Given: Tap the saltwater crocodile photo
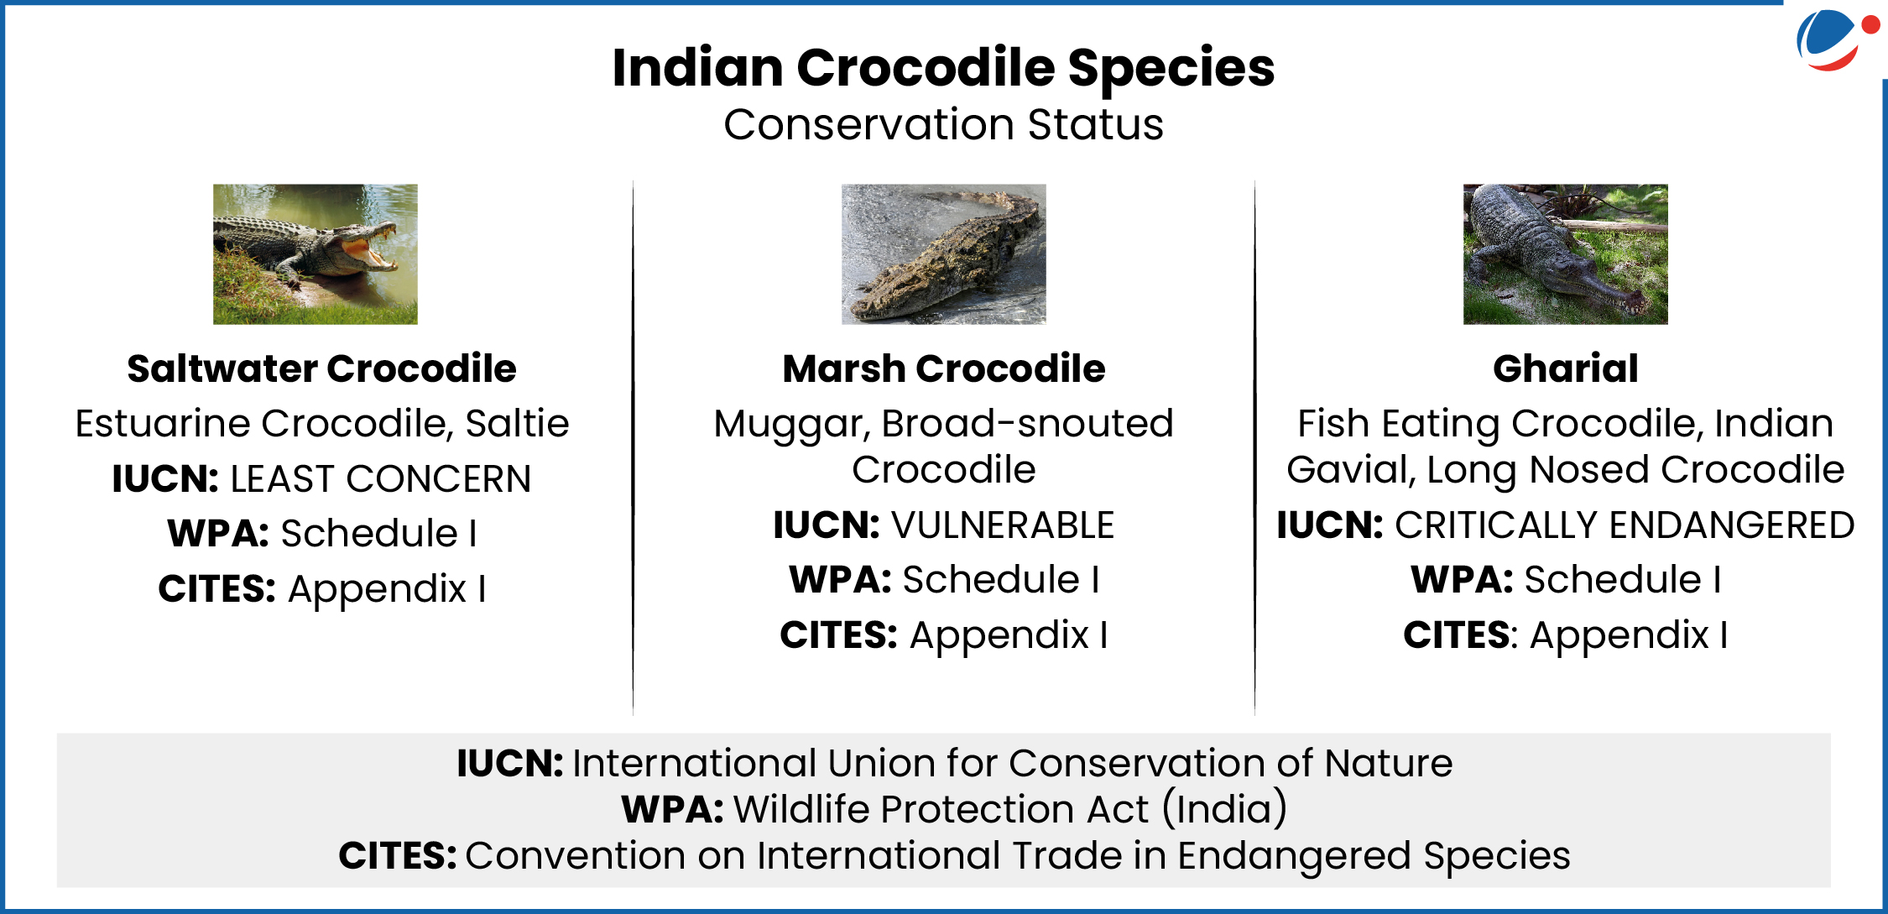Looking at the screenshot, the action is (x=315, y=254).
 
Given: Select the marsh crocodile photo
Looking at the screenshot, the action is (x=944, y=254).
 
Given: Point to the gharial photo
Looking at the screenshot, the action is (x=1566, y=254).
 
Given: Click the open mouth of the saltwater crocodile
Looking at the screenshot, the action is (x=369, y=248).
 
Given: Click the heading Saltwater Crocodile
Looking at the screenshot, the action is (x=321, y=368).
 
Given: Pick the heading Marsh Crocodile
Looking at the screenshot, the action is (x=944, y=368).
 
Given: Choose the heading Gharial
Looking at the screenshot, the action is (x=1566, y=368).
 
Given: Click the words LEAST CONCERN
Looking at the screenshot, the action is (x=380, y=479).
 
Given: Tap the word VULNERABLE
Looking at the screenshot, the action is (x=1003, y=525).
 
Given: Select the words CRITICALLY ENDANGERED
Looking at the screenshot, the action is (x=1625, y=525).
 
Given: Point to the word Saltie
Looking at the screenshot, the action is (x=517, y=423).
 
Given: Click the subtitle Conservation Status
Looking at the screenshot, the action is (x=944, y=124).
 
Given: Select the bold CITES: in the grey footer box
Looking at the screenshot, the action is (x=398, y=856).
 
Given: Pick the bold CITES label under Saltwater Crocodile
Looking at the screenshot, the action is (x=217, y=589).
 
